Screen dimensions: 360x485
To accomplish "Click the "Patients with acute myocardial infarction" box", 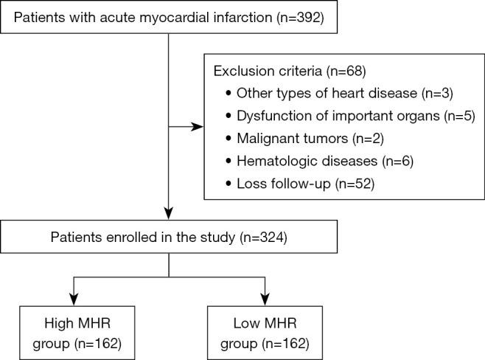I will [x=170, y=16].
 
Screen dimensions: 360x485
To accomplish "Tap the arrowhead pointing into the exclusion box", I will [x=197, y=127].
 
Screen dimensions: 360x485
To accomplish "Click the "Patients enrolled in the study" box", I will [x=170, y=238].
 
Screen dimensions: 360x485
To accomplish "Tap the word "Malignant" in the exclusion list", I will [x=262, y=138].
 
